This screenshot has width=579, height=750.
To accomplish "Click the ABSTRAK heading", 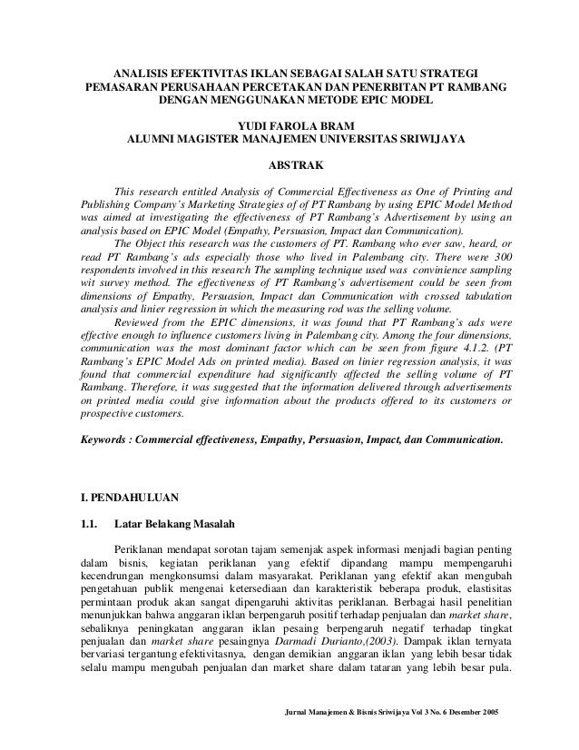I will (x=289, y=166).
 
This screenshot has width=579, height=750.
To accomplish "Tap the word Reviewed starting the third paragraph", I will (x=138, y=321).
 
